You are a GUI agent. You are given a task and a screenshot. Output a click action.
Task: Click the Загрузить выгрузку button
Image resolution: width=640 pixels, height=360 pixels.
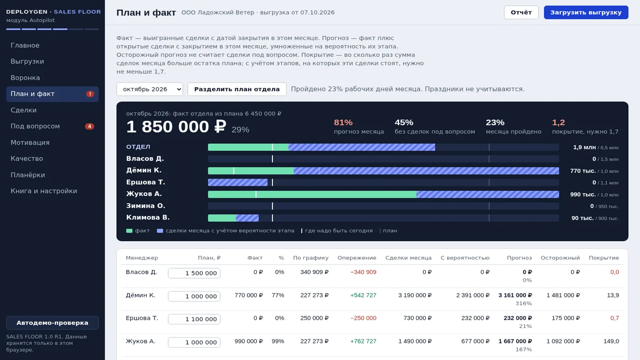[x=586, y=12]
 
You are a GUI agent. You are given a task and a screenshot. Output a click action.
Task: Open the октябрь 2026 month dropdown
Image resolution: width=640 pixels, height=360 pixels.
[x=150, y=89]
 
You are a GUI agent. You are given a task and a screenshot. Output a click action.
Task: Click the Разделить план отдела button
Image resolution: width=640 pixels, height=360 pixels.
[x=237, y=89]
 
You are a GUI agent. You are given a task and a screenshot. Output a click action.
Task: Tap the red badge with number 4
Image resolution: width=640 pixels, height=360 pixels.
[x=90, y=126]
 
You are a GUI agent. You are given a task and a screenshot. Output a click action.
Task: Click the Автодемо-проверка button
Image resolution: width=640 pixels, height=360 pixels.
[x=52, y=323]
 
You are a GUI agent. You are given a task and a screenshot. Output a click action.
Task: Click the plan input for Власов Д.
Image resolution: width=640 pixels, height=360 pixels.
[x=194, y=273]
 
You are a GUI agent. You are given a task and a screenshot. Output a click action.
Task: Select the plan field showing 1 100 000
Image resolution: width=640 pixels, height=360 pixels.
[x=194, y=319]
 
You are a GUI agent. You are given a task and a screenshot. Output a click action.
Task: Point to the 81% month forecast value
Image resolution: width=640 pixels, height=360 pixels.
[x=343, y=122]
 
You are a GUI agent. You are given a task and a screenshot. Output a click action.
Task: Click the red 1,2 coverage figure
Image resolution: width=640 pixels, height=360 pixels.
[x=558, y=122]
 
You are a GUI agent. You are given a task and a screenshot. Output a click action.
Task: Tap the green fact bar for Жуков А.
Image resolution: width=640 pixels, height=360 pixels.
[x=312, y=195]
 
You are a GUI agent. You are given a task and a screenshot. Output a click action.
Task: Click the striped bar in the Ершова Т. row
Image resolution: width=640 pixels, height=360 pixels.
[x=238, y=182]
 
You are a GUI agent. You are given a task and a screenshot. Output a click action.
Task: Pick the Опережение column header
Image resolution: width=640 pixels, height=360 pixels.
[x=357, y=258]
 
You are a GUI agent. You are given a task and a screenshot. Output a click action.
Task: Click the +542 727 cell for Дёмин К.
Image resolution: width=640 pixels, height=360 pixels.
[x=363, y=295]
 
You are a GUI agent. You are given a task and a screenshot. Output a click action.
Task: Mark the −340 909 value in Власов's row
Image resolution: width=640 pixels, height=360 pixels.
[x=363, y=272]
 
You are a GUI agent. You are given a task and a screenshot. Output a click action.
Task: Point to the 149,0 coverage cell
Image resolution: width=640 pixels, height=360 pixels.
[x=611, y=341]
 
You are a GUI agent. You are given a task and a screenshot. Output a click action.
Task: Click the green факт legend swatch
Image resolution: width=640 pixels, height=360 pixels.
[x=129, y=231]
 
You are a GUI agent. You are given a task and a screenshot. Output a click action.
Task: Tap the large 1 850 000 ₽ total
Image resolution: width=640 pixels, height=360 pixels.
[x=176, y=127]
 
